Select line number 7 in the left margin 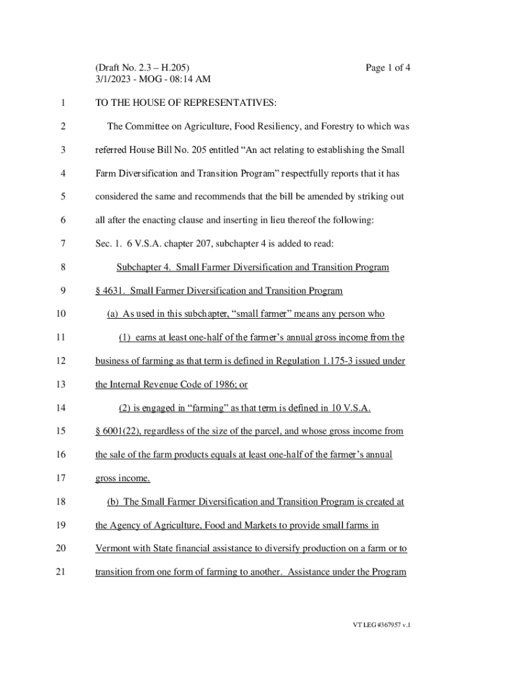pos(62,244)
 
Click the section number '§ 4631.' pos(110,290)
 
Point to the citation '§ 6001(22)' pos(119,431)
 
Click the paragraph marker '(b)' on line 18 pos(113,501)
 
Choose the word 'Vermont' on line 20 pos(112,548)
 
